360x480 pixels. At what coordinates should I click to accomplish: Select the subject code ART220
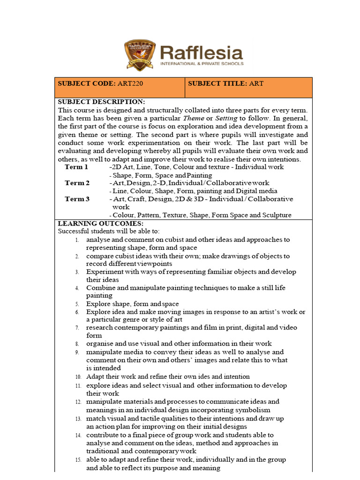[x=129, y=83]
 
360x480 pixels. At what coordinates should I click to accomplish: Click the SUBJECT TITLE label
[x=217, y=83]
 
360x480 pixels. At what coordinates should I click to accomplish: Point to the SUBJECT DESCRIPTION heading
[x=101, y=102]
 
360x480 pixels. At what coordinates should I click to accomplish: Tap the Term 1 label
[x=76, y=167]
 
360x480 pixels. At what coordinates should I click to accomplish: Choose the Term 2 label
[x=77, y=183]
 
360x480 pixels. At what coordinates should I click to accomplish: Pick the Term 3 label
[x=77, y=199]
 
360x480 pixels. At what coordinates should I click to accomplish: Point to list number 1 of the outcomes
[x=77, y=240]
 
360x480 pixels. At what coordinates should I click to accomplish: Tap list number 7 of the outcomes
[x=77, y=328]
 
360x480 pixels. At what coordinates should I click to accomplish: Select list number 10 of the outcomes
[x=78, y=377]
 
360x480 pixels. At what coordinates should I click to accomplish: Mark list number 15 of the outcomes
[x=78, y=460]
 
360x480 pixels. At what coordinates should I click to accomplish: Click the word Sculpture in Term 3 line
[x=276, y=215]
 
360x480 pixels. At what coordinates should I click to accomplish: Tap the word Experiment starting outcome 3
[x=104, y=272]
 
